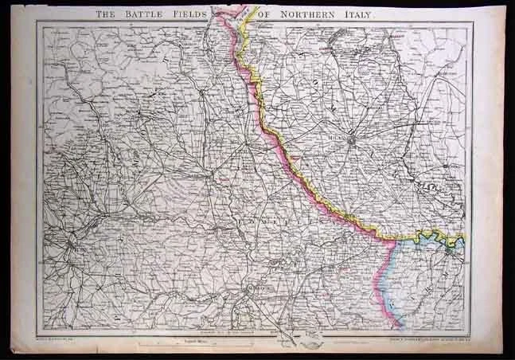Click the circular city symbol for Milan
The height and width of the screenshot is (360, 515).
point(353,141)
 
